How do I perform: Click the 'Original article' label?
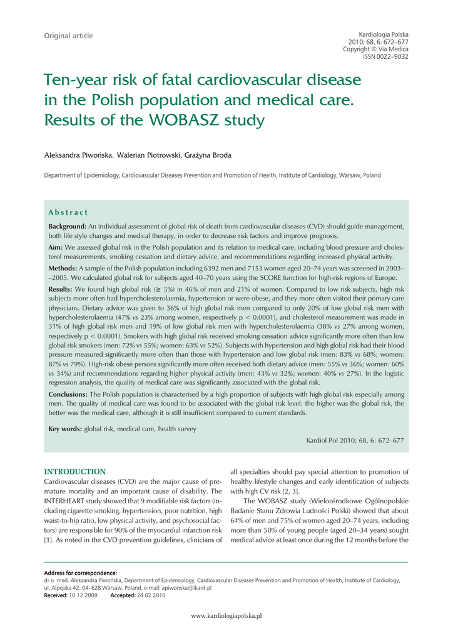[x=68, y=36]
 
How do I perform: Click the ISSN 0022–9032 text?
[x=385, y=56]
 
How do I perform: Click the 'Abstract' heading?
[x=68, y=213]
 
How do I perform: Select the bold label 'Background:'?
[x=68, y=225]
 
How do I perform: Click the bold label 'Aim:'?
[x=57, y=247]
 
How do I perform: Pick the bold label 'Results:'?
[x=61, y=290]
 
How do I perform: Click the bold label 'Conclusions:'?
[x=68, y=394]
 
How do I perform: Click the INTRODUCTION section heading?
[x=74, y=471]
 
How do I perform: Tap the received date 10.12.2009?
[x=84, y=595]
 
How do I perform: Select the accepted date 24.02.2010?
[x=151, y=595]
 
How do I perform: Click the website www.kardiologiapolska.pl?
[x=226, y=616]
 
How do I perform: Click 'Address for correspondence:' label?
[x=80, y=573]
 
